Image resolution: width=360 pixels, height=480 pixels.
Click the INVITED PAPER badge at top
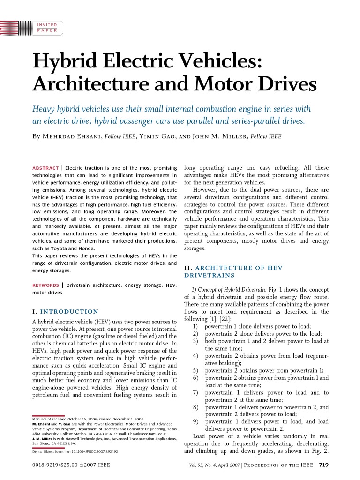(47, 27)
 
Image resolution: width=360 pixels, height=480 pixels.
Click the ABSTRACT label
(45, 168)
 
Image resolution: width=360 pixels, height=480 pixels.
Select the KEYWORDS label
(45, 285)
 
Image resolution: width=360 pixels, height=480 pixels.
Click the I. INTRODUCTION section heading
(65, 311)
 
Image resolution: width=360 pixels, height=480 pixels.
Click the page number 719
(323, 465)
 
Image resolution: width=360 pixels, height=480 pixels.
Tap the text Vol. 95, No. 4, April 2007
(218, 465)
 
